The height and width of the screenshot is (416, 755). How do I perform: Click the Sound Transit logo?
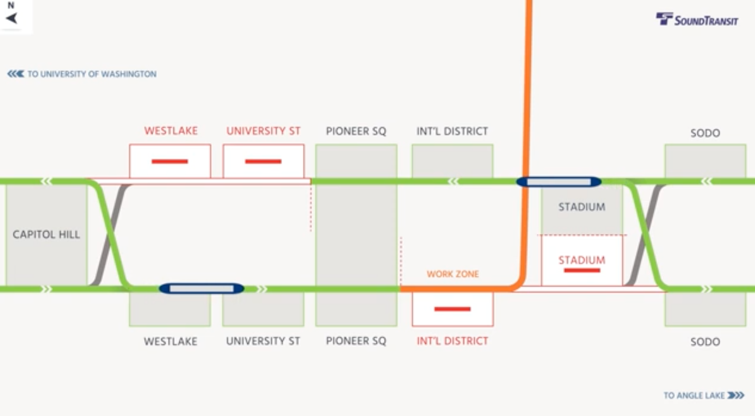coord(697,20)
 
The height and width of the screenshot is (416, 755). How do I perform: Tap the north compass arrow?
coord(12,18)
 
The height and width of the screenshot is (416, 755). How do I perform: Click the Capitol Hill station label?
coord(46,234)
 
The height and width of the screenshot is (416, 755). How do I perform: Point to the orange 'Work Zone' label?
coord(453,274)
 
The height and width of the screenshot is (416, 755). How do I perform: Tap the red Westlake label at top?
coord(171,131)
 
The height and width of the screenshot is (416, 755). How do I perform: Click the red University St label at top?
coord(263,131)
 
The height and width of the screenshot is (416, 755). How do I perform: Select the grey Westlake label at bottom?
coord(170,341)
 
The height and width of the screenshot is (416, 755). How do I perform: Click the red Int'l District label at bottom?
coord(452,341)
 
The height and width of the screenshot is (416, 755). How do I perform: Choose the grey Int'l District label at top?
coord(452,131)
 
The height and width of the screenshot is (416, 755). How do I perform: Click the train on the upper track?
coord(558,182)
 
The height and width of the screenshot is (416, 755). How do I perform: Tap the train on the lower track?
coord(202,289)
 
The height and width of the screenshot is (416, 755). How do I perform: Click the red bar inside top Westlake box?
coord(170,162)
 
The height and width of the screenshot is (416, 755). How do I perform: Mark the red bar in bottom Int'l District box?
coord(452,309)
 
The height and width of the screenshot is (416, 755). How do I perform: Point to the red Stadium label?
coord(582,260)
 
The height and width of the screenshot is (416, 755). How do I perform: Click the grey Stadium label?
coord(582,207)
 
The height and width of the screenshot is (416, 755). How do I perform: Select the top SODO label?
coord(705,133)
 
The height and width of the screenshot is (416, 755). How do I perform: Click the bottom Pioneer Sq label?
coord(356,341)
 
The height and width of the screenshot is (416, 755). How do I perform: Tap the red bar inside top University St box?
coord(263,162)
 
